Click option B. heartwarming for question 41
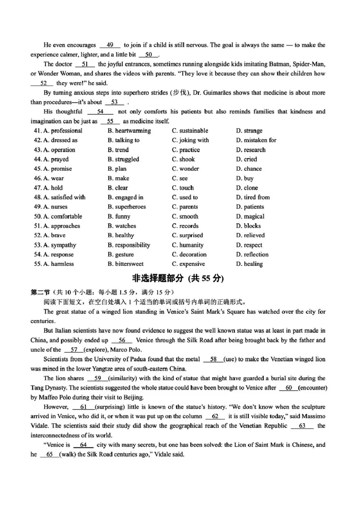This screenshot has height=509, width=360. [129, 131]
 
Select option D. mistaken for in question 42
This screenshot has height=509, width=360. [256, 140]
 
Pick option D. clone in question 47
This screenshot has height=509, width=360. [247, 188]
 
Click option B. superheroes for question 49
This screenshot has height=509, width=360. [126, 207]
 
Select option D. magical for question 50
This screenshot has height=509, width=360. [250, 216]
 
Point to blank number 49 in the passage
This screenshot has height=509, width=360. [110, 45]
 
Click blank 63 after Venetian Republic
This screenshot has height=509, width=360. [302, 426]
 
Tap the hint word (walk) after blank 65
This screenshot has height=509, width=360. [70, 455]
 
